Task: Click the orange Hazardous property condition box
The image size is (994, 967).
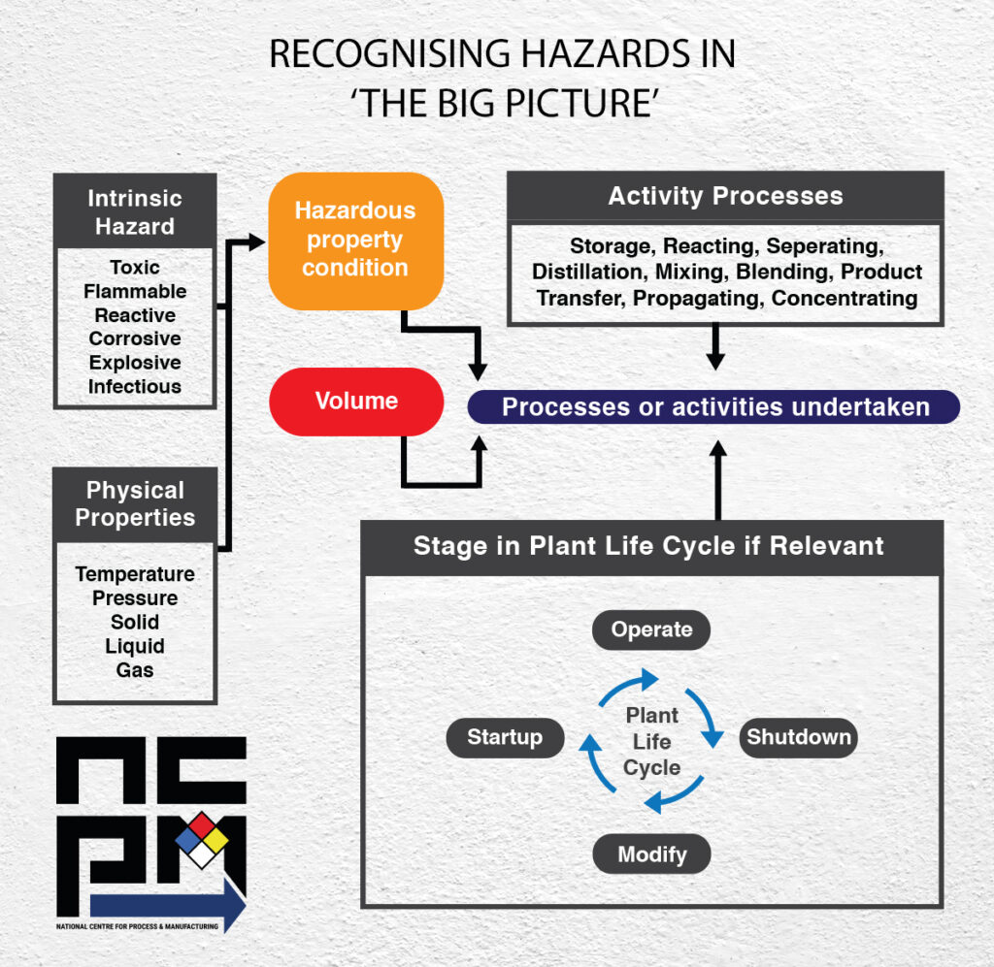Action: pyautogui.click(x=355, y=240)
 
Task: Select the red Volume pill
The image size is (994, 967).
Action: pyautogui.click(x=355, y=401)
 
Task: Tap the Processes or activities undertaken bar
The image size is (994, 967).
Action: pyautogui.click(x=714, y=407)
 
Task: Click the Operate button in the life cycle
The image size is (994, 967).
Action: pyautogui.click(x=651, y=629)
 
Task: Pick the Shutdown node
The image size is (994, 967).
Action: pyautogui.click(x=798, y=737)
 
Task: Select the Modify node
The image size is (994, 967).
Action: pyautogui.click(x=651, y=854)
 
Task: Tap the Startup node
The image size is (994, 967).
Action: pyautogui.click(x=505, y=737)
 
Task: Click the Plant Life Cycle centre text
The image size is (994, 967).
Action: pyautogui.click(x=651, y=741)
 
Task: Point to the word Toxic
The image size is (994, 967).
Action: pyautogui.click(x=135, y=268)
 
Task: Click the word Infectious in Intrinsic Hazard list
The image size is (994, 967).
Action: pyautogui.click(x=135, y=386)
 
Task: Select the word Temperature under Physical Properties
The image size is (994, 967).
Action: pyautogui.click(x=135, y=574)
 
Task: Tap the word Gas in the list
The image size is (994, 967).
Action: pyautogui.click(x=135, y=669)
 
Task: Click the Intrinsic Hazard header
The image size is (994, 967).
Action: pyautogui.click(x=135, y=212)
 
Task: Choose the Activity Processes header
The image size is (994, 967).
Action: pyautogui.click(x=725, y=196)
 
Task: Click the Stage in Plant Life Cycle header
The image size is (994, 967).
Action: pyautogui.click(x=649, y=546)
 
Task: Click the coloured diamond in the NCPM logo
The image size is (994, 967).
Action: pyautogui.click(x=202, y=839)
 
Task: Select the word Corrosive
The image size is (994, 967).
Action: pyautogui.click(x=135, y=338)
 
